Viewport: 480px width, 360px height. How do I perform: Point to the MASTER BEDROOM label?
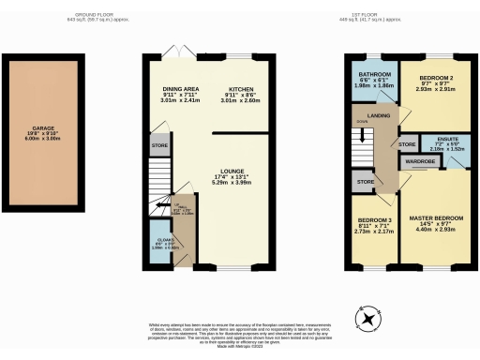point(436,218)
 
